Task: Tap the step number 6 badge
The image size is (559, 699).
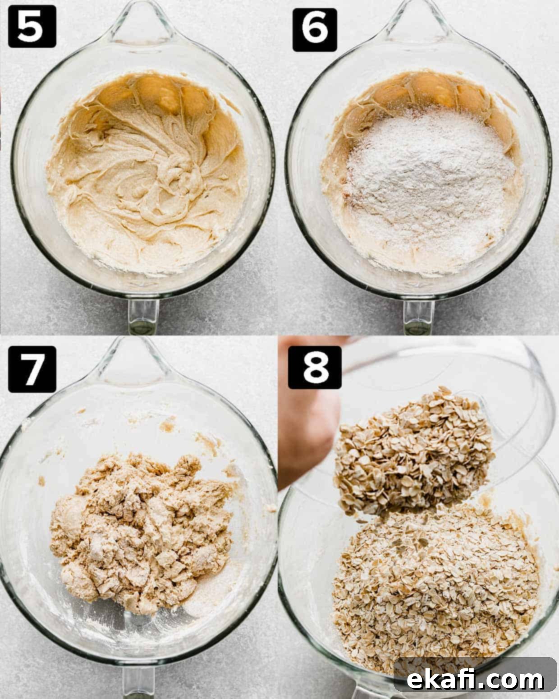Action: click(315, 30)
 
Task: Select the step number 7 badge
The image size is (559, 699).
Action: click(32, 369)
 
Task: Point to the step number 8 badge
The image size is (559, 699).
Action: click(315, 367)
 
